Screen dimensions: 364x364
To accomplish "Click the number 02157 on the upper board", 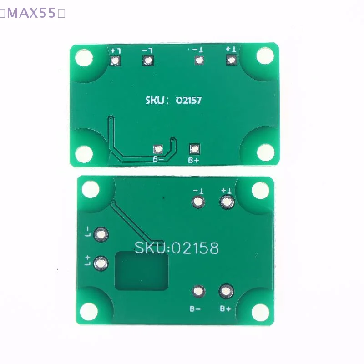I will pos(188,101).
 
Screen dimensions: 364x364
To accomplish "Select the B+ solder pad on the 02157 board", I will pos(195,148).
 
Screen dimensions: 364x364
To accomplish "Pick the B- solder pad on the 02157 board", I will pos(158,149).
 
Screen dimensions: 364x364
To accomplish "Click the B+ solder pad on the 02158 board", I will pos(226,291).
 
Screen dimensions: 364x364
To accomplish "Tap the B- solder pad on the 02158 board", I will pos(198,291).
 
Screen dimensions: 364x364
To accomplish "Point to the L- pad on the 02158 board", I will pos(101,234).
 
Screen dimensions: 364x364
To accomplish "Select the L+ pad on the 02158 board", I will pos(101,263).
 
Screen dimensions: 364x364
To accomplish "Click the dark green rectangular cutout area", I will pos(142,272).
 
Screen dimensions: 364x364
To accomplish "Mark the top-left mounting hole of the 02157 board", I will pos(84,58).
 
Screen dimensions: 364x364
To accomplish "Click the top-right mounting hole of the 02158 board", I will pos(260,190).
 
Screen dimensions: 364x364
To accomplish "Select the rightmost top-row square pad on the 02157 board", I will pos(232,60).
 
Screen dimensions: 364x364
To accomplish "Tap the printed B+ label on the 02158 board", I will pos(226,308).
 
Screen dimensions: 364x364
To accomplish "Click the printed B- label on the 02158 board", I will pos(196,308).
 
